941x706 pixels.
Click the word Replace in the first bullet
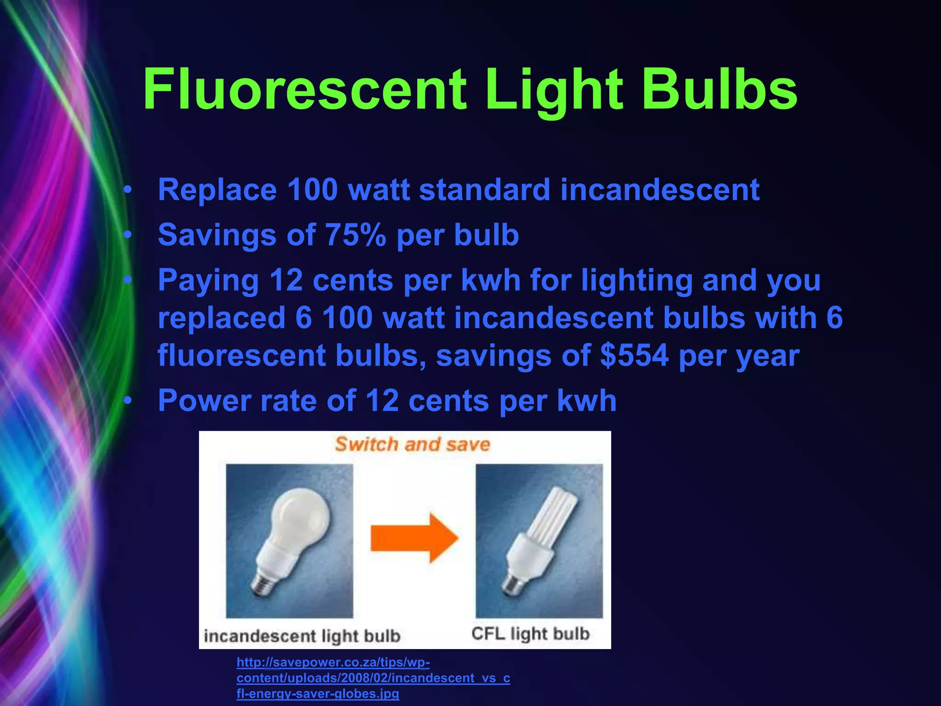point(217,189)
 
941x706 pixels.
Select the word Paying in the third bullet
point(208,280)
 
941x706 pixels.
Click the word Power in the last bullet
point(204,400)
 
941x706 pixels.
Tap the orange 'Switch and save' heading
point(413,444)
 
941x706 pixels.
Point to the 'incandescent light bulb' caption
point(302,636)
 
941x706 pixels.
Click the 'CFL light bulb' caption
point(530,634)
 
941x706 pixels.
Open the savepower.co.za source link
point(373,678)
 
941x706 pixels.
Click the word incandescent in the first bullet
point(659,189)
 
